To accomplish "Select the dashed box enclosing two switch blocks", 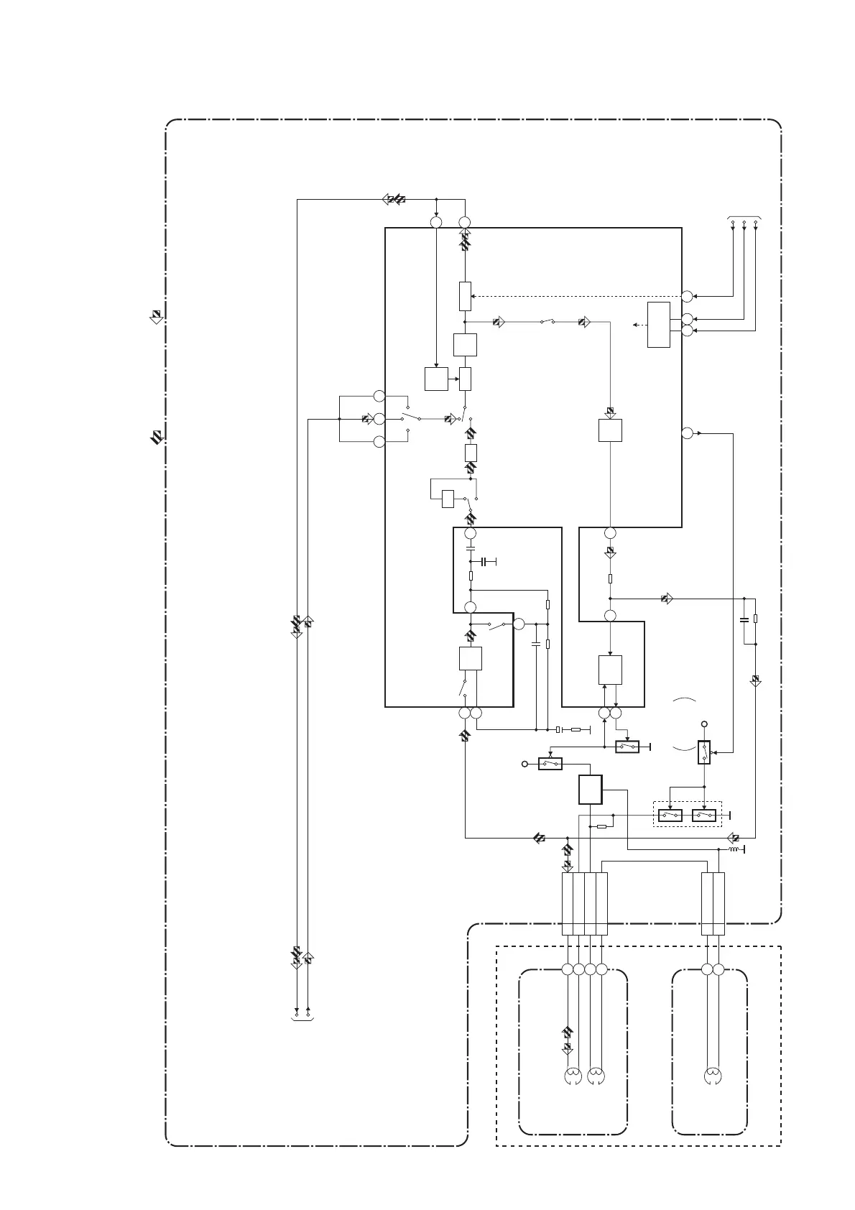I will [x=686, y=815].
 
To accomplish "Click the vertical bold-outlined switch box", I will [x=704, y=752].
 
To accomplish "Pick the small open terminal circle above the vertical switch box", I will [x=704, y=724].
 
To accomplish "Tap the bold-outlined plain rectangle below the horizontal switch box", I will [x=590, y=790].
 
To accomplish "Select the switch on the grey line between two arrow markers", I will [x=547, y=322].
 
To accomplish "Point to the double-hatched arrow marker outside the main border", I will [x=156, y=435].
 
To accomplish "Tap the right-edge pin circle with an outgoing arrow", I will [x=687, y=433].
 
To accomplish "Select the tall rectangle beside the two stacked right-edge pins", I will [x=659, y=325].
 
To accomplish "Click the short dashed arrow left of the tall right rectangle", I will [x=639, y=325].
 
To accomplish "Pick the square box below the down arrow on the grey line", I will [x=610, y=430].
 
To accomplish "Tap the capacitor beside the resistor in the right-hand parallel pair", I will [x=744, y=619].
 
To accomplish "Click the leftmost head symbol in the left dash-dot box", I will [x=573, y=1076].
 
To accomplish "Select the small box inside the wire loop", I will [x=448, y=498].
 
